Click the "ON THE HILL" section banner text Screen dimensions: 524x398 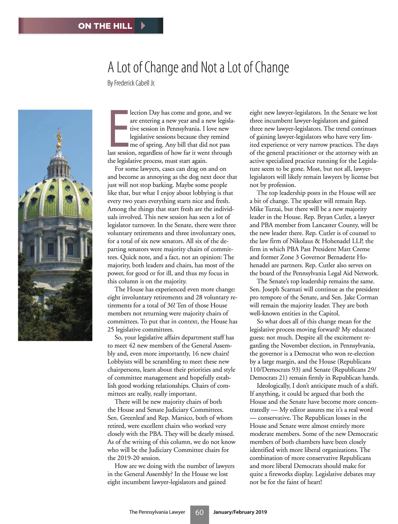[105, 26]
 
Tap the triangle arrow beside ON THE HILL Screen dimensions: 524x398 [143, 26]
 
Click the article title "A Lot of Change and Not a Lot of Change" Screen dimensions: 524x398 [198, 67]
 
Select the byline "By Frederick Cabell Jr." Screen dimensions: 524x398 [131, 83]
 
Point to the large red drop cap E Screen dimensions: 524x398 [118, 129]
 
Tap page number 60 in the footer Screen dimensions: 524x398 [199, 512]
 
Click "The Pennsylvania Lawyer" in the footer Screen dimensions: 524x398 [157, 512]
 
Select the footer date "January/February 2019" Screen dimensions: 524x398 [240, 512]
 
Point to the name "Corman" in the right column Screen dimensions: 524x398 [366, 297]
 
